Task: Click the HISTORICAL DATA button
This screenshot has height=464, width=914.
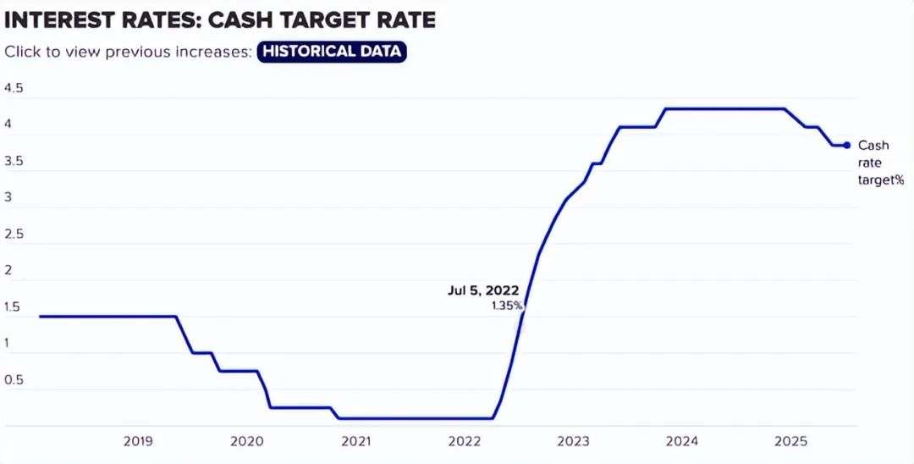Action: (333, 51)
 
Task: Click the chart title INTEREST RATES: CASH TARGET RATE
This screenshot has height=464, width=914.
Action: (219, 18)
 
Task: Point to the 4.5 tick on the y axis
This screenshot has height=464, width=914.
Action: (14, 88)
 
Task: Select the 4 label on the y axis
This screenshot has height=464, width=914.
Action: (8, 124)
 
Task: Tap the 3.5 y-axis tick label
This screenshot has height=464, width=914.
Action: (14, 161)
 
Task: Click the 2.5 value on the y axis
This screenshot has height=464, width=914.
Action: (14, 234)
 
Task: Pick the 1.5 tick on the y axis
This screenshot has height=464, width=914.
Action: (13, 307)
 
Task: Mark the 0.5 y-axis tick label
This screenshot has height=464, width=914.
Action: (14, 379)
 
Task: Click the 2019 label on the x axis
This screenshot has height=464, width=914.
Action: (138, 441)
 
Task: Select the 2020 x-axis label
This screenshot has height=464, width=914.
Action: (246, 441)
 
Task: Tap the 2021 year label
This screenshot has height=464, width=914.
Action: (355, 441)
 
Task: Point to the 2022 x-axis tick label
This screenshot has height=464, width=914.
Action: (465, 441)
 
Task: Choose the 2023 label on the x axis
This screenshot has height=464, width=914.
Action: (573, 441)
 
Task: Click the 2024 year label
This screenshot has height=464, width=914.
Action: (682, 441)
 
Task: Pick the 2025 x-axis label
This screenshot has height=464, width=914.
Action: (790, 441)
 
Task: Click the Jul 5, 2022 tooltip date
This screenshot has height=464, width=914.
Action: (483, 290)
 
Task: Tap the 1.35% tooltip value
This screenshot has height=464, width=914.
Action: (507, 305)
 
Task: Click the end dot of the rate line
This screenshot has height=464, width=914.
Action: (846, 145)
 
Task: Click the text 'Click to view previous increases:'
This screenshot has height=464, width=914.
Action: (129, 51)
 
